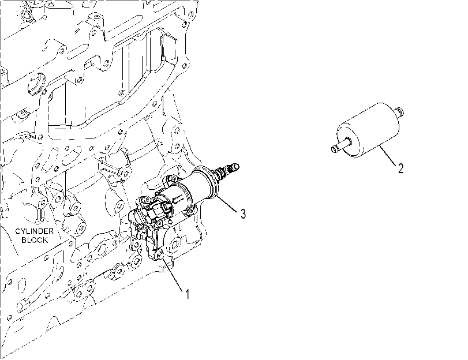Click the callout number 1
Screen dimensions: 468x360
(187, 294)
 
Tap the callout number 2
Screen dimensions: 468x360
(400, 168)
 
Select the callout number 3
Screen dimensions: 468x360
(244, 213)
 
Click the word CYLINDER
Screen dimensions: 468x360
(35, 231)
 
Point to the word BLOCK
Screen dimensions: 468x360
(35, 240)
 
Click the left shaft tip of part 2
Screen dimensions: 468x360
(335, 149)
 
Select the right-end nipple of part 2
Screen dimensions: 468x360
(399, 112)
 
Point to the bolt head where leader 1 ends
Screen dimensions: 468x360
(159, 254)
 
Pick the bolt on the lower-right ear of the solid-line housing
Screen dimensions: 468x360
(192, 211)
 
